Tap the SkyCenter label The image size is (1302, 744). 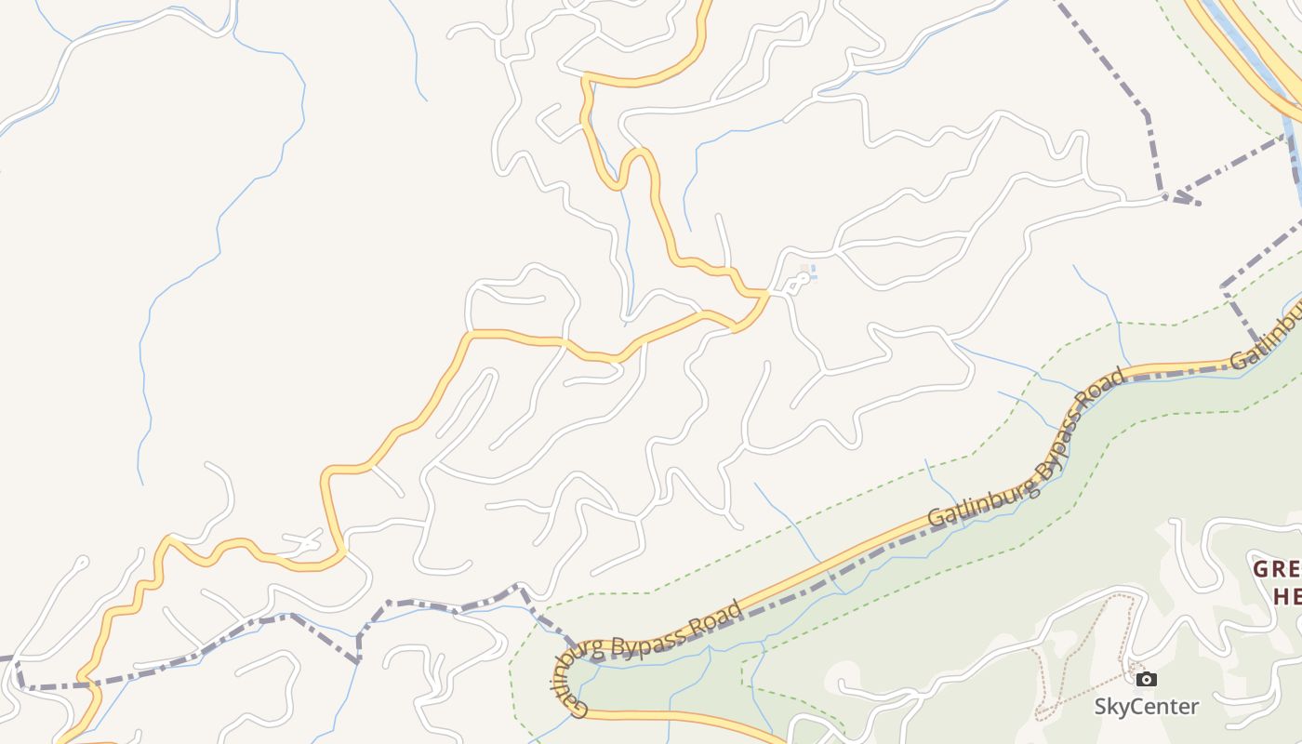(1146, 707)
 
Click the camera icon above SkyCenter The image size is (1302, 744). (1147, 679)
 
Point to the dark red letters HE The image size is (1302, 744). (1287, 597)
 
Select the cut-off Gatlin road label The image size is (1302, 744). (1266, 345)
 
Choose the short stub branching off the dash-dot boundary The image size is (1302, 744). (1187, 200)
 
